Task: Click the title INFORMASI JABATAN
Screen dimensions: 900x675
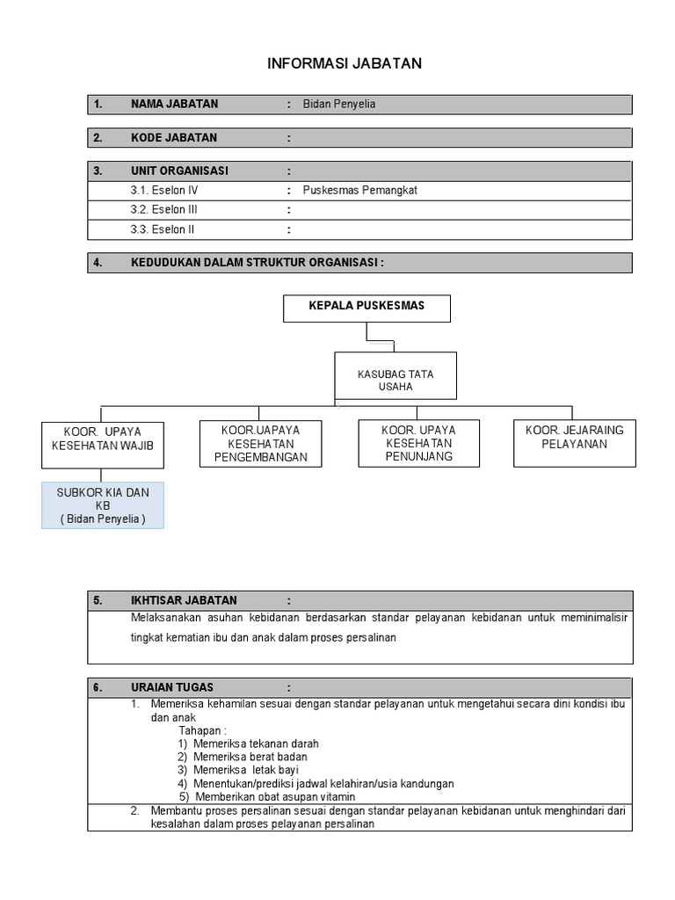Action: [x=345, y=64]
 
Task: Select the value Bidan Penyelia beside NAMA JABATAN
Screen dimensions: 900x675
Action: [x=339, y=105]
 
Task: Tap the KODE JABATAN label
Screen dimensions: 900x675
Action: [x=174, y=138]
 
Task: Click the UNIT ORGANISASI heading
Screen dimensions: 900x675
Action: [x=179, y=171]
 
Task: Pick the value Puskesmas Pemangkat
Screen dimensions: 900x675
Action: [x=359, y=190]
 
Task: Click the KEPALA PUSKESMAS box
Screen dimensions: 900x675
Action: [x=367, y=308]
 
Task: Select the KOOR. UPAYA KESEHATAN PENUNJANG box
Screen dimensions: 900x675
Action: [x=418, y=444]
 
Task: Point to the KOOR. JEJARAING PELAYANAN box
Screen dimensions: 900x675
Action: [x=575, y=438]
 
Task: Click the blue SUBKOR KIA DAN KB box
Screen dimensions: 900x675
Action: [x=103, y=505]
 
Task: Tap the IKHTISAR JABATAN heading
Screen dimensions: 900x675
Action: [x=184, y=601]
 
